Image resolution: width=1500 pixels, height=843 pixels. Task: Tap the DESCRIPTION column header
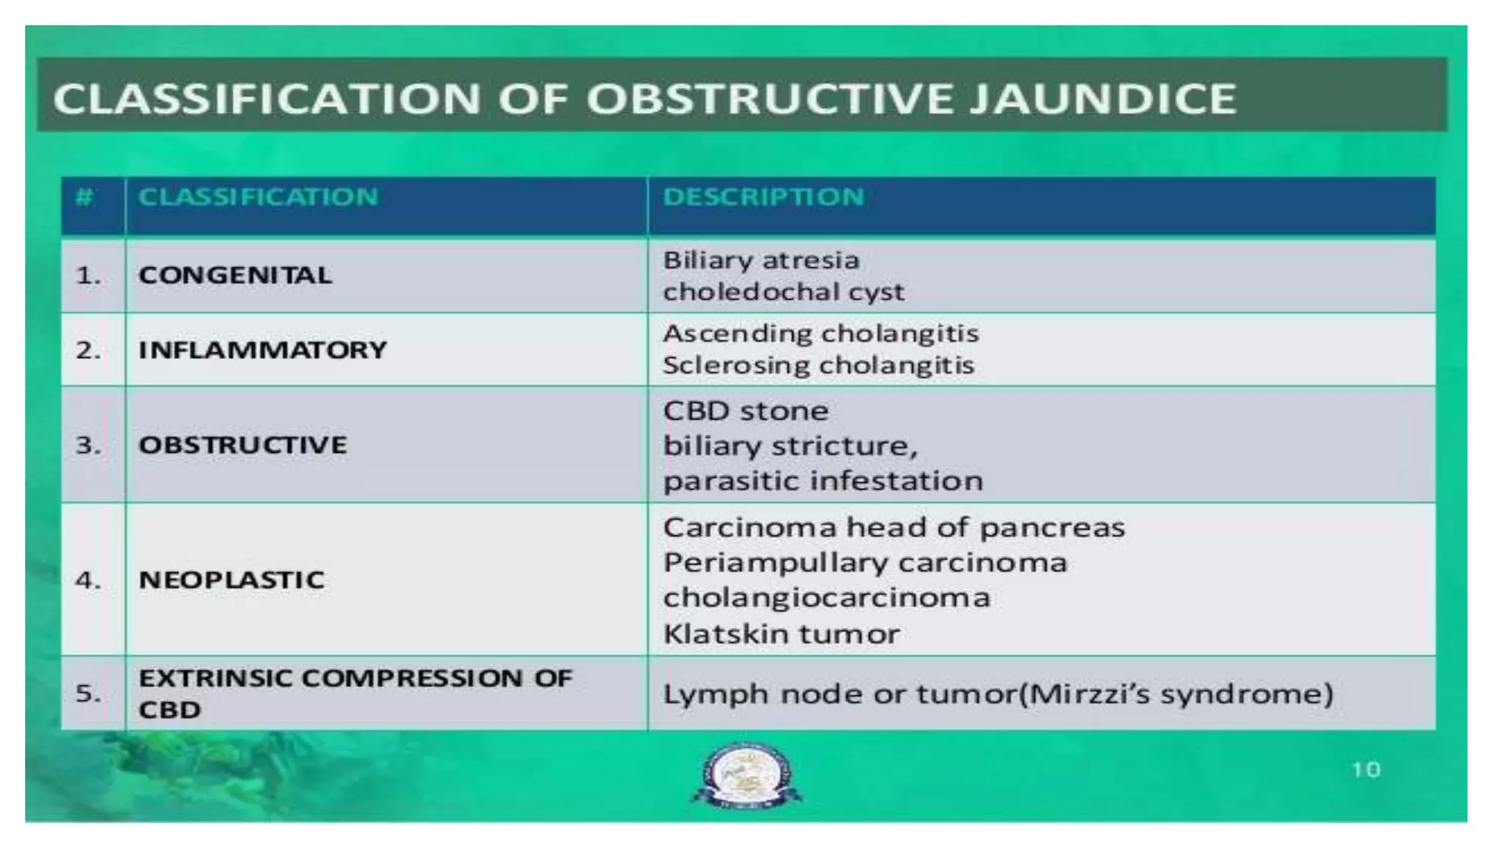pos(763,197)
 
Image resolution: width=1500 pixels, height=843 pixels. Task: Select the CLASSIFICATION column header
pos(258,197)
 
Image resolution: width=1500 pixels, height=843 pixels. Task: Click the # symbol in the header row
pos(85,197)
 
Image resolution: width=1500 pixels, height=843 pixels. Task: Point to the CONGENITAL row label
pos(235,275)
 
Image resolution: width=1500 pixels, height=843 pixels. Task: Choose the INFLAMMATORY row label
pos(262,350)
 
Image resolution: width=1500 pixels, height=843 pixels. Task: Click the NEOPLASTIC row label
pos(231,580)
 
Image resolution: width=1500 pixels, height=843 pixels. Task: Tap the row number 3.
pos(88,445)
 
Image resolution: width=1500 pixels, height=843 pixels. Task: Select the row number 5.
pos(88,692)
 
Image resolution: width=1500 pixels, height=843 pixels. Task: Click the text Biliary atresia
pos(761,261)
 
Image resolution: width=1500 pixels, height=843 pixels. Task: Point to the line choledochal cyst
pos(783,292)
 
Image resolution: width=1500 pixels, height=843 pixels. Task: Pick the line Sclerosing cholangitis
pos(818,365)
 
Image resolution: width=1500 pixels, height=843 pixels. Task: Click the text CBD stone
pos(746,411)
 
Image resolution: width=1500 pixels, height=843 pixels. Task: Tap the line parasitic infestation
pos(823,482)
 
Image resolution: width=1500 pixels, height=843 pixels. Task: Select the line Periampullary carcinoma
pos(864,563)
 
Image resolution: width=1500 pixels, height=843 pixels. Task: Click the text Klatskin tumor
pos(781,634)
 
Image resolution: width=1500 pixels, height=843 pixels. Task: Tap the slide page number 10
pos(1365,770)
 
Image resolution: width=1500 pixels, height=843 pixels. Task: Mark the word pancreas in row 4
pos(1052,528)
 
